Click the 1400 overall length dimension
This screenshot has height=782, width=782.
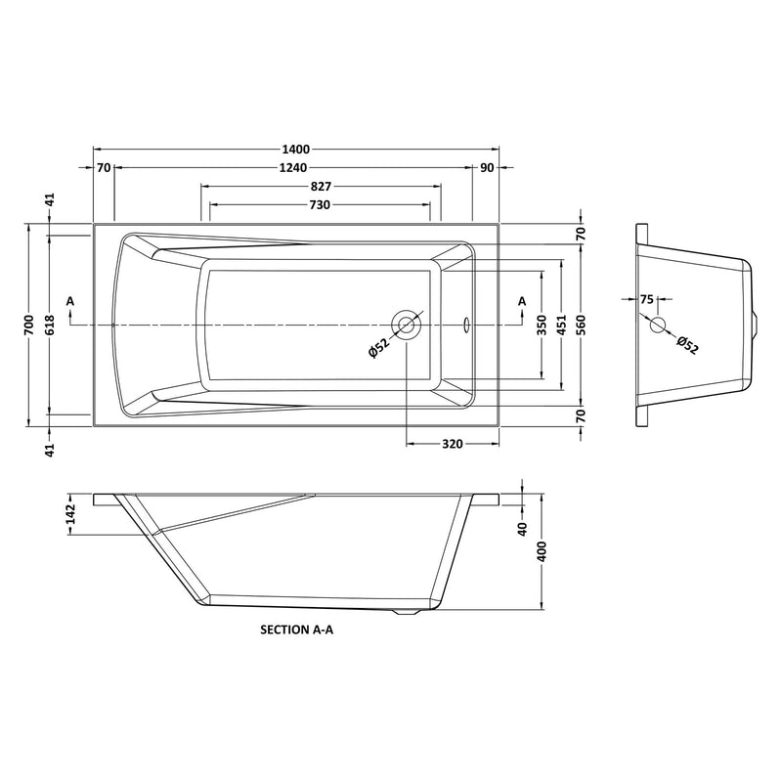(x=296, y=150)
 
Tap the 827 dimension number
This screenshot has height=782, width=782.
(x=321, y=187)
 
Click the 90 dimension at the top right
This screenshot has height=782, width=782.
(x=487, y=168)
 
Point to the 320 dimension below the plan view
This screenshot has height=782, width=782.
(x=452, y=444)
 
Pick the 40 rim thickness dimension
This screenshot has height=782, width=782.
(x=522, y=529)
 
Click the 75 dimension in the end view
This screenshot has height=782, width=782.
(x=646, y=300)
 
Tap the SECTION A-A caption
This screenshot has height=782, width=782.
(x=297, y=631)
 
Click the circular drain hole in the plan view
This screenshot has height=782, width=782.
(x=406, y=323)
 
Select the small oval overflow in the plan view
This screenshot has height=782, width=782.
(x=466, y=322)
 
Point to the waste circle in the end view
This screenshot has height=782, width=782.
(x=658, y=324)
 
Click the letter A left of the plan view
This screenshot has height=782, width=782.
(x=70, y=301)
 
